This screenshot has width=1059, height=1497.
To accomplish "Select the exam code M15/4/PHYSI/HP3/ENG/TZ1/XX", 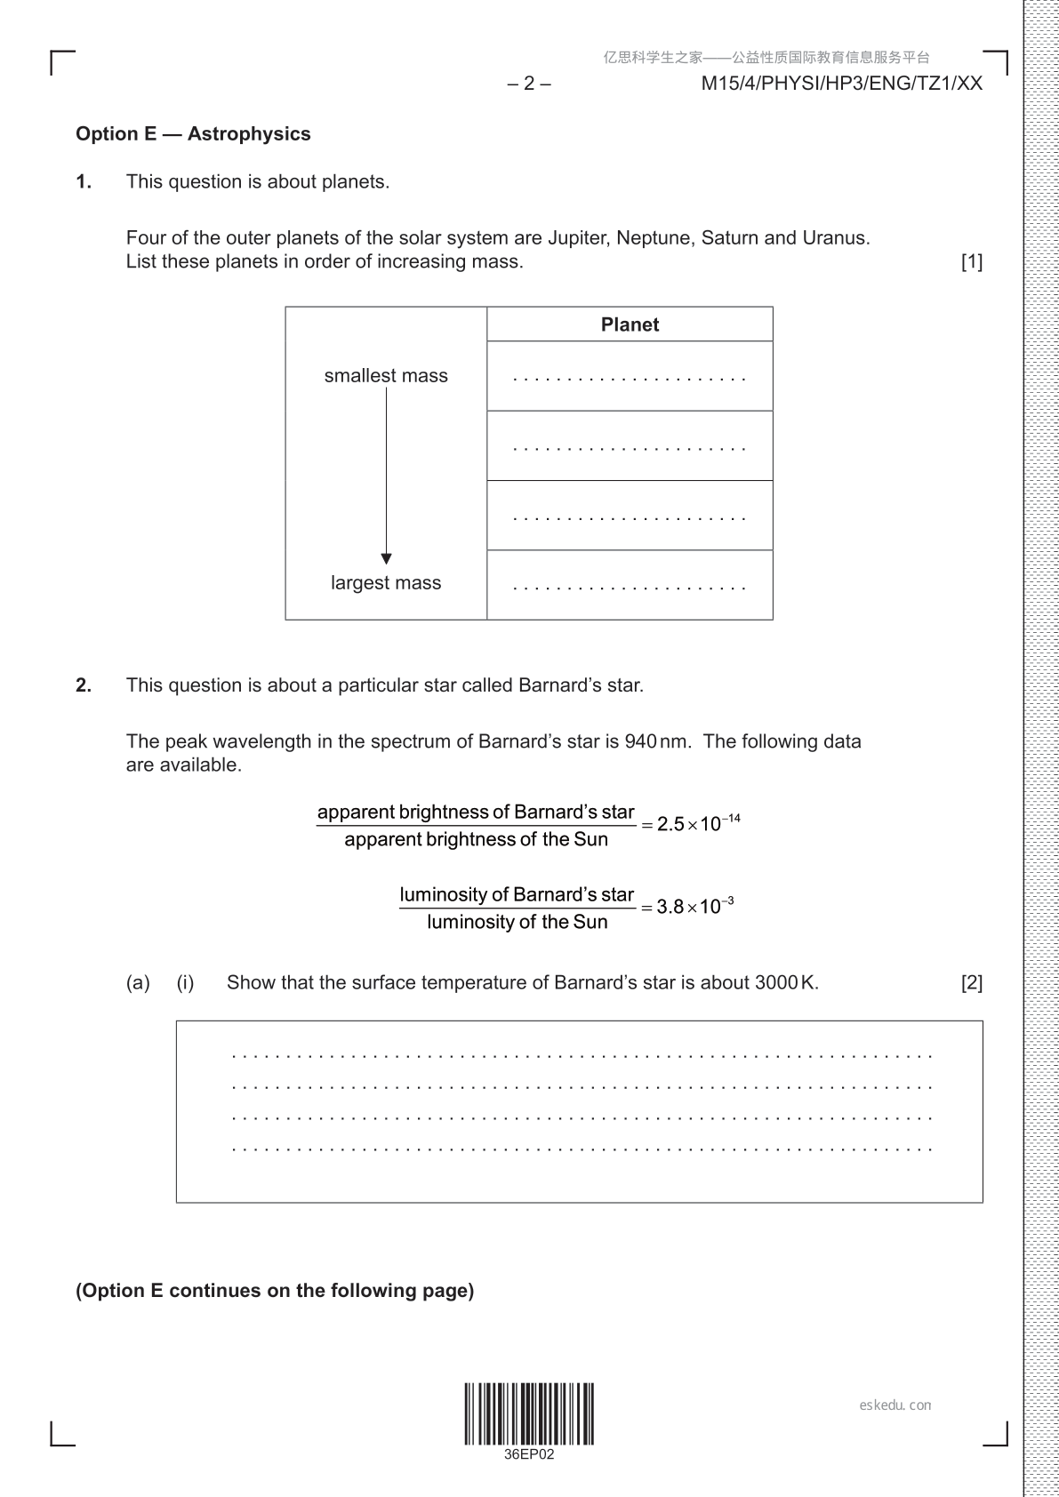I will click(x=841, y=84).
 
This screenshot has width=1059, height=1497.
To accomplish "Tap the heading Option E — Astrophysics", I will click(x=193, y=134).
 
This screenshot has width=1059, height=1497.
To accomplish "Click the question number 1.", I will click(x=84, y=182).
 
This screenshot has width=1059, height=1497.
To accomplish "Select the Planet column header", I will click(x=630, y=324).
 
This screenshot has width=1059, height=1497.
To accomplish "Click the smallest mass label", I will click(x=386, y=376).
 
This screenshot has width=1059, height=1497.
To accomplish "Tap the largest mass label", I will click(x=386, y=583).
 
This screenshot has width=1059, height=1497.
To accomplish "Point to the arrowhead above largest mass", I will click(x=386, y=558).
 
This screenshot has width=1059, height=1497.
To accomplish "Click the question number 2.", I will click(x=84, y=685).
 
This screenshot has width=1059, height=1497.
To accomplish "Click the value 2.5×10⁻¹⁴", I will click(x=698, y=823).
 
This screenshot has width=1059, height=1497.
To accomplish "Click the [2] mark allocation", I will click(x=971, y=983).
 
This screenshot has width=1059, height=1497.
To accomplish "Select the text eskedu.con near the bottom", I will click(x=895, y=1405).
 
